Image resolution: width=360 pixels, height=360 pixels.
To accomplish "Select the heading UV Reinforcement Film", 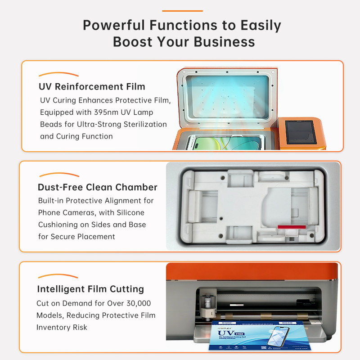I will (92, 86).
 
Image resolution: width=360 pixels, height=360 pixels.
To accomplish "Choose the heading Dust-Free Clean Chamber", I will (97, 187).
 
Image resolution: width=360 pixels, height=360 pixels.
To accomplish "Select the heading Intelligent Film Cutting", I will (90, 289).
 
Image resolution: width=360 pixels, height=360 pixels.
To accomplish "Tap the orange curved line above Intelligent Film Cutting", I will (58, 276).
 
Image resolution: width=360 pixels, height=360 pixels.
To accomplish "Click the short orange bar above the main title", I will (182, 11).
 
